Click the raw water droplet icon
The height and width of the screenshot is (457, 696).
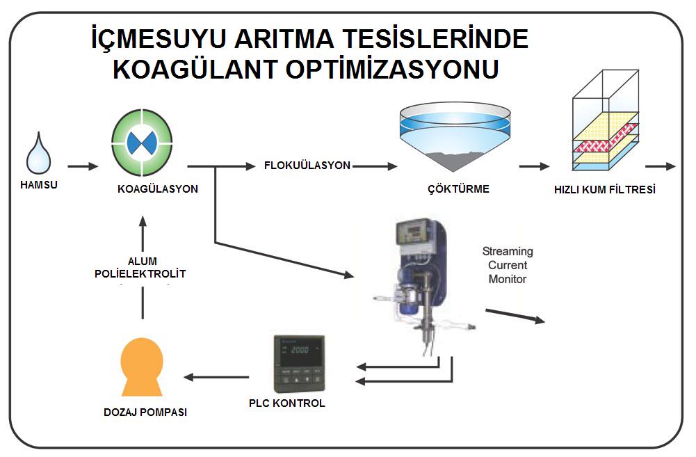tap(39, 153)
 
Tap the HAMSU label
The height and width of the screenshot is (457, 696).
tap(39, 185)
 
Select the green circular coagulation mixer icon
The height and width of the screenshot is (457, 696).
tap(142, 143)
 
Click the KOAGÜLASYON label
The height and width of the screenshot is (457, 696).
tap(158, 189)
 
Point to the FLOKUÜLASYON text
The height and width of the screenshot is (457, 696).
tap(307, 166)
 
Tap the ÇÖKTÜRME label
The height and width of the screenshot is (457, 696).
tap(458, 189)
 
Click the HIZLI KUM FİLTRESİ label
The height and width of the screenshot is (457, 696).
tap(604, 190)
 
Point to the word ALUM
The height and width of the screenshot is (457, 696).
tap(143, 261)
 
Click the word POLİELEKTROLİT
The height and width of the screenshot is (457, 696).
tap(140, 273)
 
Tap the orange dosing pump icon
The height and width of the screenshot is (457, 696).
tap(142, 367)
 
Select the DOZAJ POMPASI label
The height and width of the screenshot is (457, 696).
tap(145, 412)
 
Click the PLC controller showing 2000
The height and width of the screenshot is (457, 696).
tap(299, 364)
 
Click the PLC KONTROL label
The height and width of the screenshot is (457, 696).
tap(286, 403)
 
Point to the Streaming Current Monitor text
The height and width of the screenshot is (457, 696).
tap(508, 265)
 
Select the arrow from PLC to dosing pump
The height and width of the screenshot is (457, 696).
tap(216, 378)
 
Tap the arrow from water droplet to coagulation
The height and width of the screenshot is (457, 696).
tap(83, 166)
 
